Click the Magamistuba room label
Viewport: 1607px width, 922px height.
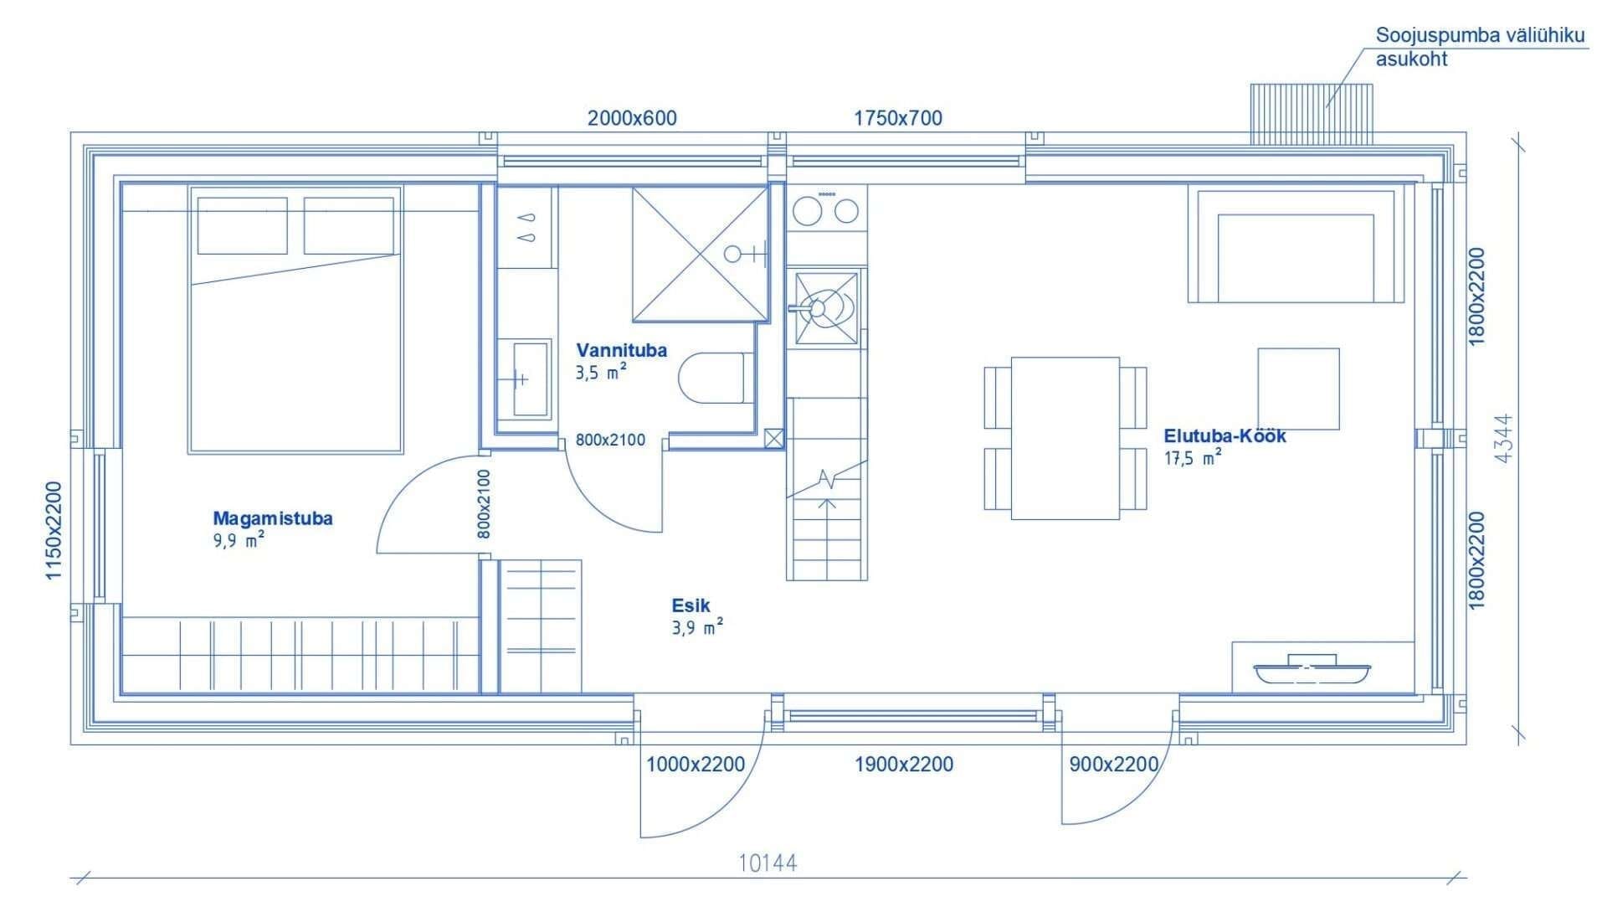click(273, 518)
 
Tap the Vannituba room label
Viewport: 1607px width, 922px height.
click(622, 350)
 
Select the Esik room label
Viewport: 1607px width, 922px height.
click(691, 605)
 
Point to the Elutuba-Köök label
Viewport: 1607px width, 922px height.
click(1225, 436)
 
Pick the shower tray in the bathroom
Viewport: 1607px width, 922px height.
click(701, 254)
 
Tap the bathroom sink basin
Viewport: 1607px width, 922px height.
click(531, 379)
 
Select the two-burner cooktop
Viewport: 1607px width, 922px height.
click(826, 209)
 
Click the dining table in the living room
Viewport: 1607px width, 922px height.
click(1065, 438)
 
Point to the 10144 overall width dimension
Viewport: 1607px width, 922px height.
click(768, 863)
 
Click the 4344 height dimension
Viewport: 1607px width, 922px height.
click(1503, 438)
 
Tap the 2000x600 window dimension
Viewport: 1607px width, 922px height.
click(632, 118)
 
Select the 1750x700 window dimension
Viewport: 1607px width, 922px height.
click(898, 118)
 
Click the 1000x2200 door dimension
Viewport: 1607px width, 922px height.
click(696, 765)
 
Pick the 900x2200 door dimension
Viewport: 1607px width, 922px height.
click(1114, 765)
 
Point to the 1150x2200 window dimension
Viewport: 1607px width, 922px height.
click(54, 531)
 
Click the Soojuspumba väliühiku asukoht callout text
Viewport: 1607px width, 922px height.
click(1481, 48)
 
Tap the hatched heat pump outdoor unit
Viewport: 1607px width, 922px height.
click(1312, 114)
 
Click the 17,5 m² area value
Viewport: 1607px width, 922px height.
click(1192, 457)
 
